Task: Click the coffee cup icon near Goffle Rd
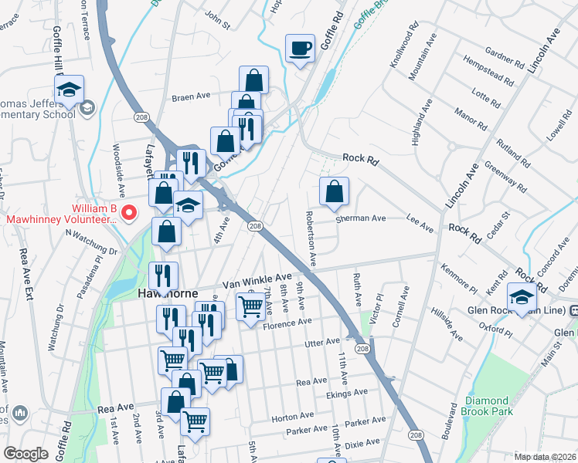300,49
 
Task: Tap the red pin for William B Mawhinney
131,211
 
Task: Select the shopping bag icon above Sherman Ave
334,191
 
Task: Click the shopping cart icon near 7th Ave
250,307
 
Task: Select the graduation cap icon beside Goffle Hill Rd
69,89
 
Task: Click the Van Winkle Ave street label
257,280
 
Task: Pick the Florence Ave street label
287,322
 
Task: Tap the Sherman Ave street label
360,218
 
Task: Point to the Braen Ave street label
191,97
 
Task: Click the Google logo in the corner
25,454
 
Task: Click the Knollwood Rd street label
403,50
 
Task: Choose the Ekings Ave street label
346,393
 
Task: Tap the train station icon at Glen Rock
573,310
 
